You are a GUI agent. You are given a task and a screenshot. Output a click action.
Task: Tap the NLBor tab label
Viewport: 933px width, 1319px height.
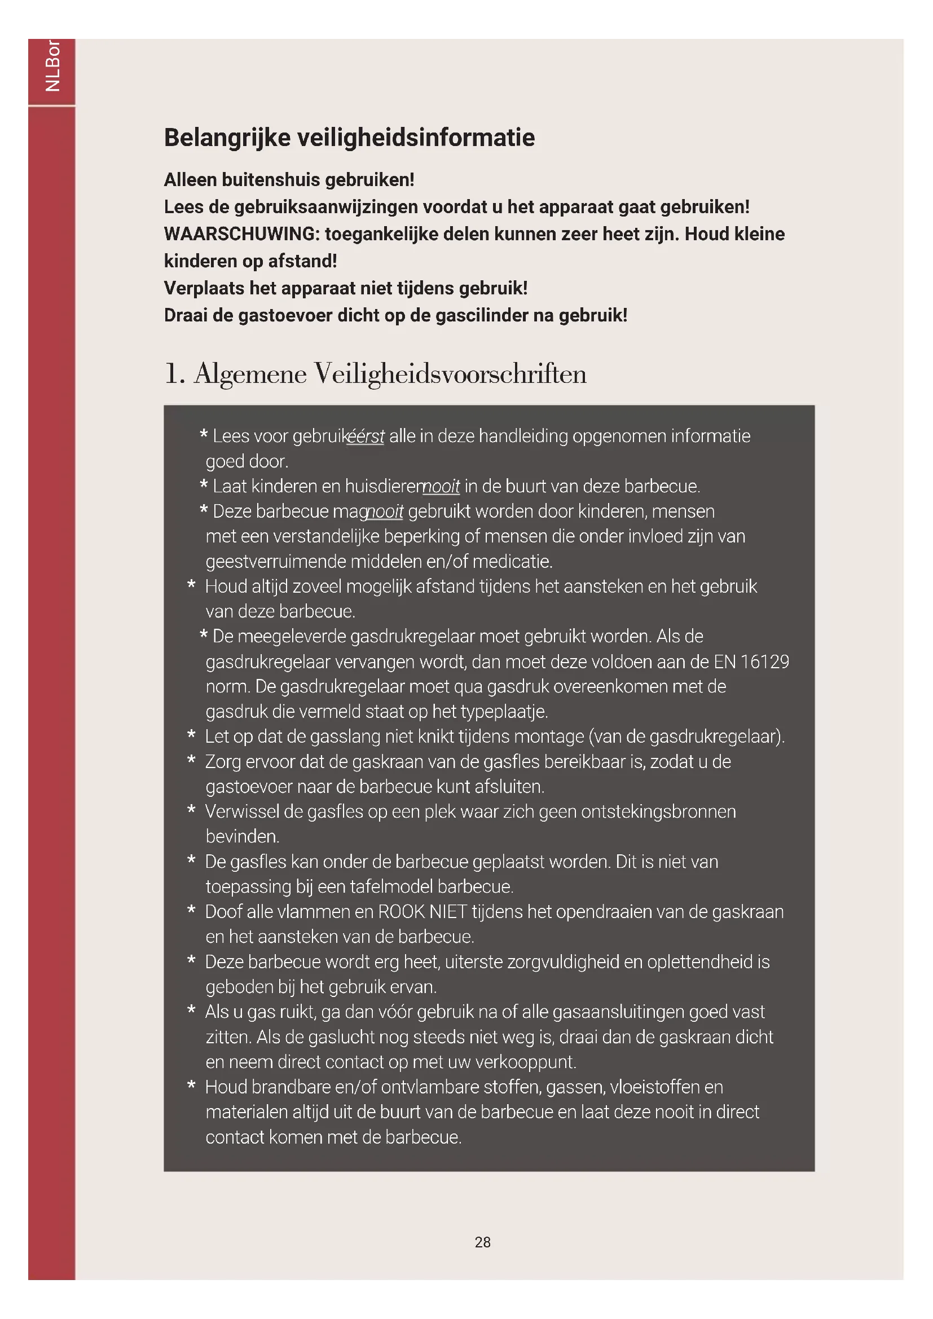click(52, 65)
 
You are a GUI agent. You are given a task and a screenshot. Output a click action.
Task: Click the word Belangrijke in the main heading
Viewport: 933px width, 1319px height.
click(227, 138)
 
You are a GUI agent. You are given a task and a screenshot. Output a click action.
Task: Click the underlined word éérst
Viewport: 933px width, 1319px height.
click(366, 436)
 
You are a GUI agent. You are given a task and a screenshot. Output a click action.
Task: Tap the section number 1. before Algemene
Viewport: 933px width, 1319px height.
click(174, 374)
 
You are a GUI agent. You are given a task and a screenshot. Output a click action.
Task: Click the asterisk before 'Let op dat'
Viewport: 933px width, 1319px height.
click(191, 735)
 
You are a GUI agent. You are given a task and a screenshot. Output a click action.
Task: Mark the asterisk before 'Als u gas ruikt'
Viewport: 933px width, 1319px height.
click(191, 1011)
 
